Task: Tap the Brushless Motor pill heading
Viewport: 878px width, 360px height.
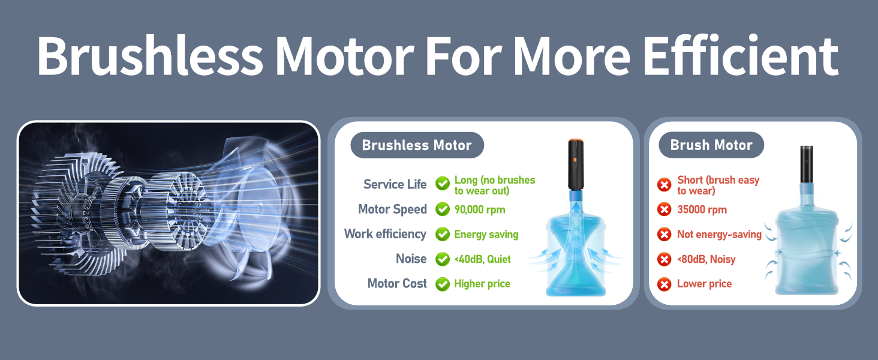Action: [x=417, y=145]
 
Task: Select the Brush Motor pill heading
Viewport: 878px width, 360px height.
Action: [x=711, y=145]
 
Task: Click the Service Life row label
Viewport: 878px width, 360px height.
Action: [x=395, y=184]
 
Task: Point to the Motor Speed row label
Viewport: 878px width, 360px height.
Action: [x=392, y=209]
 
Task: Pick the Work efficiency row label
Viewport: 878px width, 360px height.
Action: [x=385, y=234]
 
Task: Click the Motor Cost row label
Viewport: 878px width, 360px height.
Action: [x=397, y=283]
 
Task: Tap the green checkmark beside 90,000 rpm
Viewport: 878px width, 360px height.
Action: [x=443, y=209]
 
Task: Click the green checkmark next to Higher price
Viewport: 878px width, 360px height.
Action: [x=443, y=284]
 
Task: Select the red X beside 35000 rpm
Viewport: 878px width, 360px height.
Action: [x=664, y=209]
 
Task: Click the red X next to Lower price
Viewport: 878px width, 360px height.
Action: [x=664, y=284]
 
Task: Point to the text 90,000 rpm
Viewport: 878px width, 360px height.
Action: [x=479, y=209]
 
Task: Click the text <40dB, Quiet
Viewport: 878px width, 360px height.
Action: [x=482, y=259]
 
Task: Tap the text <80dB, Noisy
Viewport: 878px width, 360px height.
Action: [x=706, y=259]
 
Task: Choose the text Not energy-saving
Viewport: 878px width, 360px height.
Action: [x=719, y=235]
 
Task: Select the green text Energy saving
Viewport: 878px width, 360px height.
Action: [x=486, y=234]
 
